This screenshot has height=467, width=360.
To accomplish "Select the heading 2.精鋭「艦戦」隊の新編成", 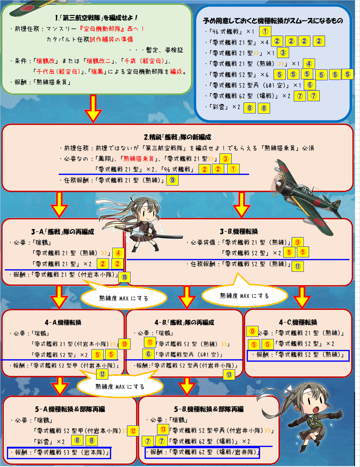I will click(178, 137).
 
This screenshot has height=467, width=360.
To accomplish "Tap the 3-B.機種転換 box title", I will click(239, 231).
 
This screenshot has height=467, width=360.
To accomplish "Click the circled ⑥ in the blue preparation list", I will click(310, 85).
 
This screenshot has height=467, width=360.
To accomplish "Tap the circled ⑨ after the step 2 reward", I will click(172, 180).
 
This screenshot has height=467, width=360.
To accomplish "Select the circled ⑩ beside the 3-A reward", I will click(124, 277).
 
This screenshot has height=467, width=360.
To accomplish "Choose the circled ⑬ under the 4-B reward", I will click(229, 374).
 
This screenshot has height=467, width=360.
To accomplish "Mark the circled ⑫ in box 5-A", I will click(133, 431).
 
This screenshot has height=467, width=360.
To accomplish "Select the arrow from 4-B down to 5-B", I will click(187, 386).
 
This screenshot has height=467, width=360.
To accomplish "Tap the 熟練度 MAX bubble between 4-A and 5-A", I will click(120, 386).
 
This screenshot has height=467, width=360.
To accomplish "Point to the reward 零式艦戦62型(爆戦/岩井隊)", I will click(205, 452).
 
